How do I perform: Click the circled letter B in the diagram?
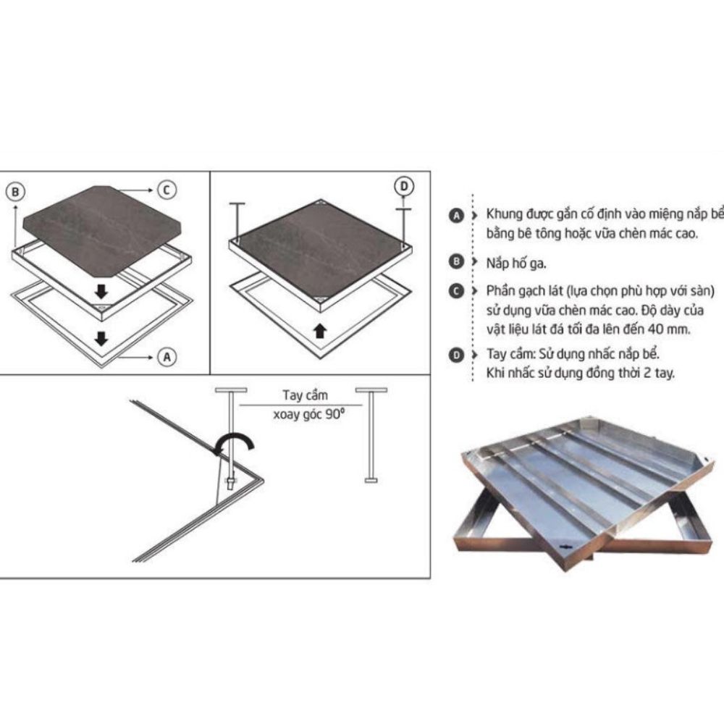[15, 192]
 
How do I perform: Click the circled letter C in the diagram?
[167, 190]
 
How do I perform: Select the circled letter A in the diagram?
[167, 357]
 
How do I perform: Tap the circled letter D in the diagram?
[404, 186]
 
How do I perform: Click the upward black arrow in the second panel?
[319, 331]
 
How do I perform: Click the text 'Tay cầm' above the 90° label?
[306, 395]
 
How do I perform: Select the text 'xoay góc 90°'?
[309, 414]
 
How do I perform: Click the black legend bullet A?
[456, 216]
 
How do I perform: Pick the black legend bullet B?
[456, 262]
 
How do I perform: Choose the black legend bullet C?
[456, 291]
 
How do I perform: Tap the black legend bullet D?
[456, 355]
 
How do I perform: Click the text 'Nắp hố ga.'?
[515, 264]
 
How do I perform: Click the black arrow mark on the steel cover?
[565, 547]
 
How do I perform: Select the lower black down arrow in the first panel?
[101, 338]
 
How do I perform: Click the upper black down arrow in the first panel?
[101, 291]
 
